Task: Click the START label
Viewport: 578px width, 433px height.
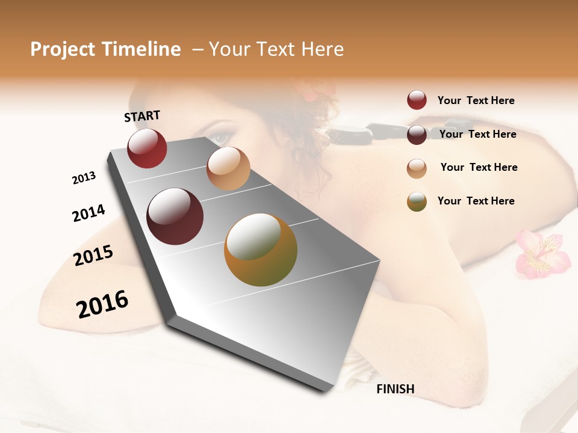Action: tap(142, 116)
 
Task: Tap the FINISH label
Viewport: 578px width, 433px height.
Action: tap(395, 389)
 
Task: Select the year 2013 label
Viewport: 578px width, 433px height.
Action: tap(84, 178)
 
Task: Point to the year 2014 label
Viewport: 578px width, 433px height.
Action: tap(89, 213)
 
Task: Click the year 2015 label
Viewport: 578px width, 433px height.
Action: tap(93, 256)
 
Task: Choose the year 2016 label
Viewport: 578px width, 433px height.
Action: tap(102, 304)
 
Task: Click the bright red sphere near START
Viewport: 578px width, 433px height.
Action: tap(147, 148)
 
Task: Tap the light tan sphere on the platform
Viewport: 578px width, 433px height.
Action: tap(228, 168)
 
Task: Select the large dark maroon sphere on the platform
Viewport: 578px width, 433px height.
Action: tap(175, 216)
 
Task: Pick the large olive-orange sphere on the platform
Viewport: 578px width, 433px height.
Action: tap(261, 250)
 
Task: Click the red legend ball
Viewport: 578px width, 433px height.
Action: tap(417, 100)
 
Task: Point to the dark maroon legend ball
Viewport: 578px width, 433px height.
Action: tap(417, 134)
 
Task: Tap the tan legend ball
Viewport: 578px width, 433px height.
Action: tap(417, 168)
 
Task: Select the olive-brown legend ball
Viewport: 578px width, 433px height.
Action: tap(417, 201)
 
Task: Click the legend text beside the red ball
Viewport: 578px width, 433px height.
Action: tap(476, 100)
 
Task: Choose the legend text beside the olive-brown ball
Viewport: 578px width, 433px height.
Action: tap(476, 201)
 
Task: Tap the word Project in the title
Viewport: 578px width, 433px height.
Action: tap(63, 49)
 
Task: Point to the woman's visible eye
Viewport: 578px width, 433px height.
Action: tap(220, 138)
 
